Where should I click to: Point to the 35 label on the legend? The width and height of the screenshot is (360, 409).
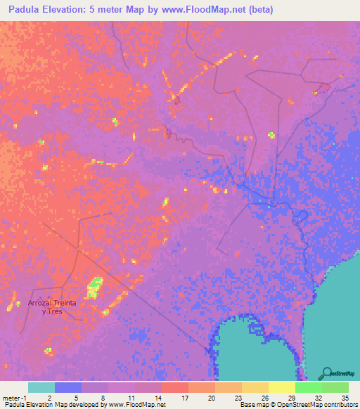pyautogui.click(x=345, y=397)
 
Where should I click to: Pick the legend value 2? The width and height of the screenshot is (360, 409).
pyautogui.click(x=49, y=397)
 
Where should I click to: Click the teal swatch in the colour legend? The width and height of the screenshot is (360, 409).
pyautogui.click(x=41, y=387)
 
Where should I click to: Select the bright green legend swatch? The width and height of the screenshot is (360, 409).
pyautogui.click(x=309, y=387)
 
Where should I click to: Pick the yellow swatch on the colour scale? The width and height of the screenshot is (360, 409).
pyautogui.click(x=282, y=387)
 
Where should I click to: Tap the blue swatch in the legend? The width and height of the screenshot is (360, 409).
pyautogui.click(x=68, y=387)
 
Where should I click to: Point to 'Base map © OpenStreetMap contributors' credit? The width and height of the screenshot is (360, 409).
pyautogui.click(x=297, y=404)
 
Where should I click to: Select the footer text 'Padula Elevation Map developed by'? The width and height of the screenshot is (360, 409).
pyautogui.click(x=51, y=404)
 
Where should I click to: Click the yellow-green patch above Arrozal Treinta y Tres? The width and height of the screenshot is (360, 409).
pyautogui.click(x=93, y=287)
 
